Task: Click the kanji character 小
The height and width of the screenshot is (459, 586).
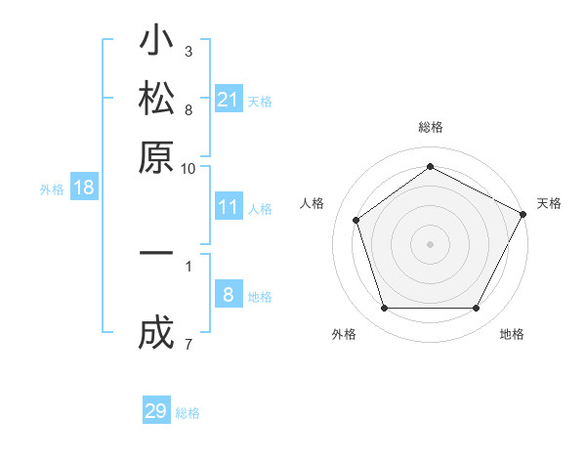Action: click(156, 43)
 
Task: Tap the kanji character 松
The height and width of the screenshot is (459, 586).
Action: click(156, 100)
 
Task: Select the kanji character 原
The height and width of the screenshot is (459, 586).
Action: click(156, 156)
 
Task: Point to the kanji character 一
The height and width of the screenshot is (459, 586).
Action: click(156, 254)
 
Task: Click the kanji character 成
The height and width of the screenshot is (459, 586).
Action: click(156, 335)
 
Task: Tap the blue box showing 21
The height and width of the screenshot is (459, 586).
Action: click(228, 100)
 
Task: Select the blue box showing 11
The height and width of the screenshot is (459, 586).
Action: click(228, 207)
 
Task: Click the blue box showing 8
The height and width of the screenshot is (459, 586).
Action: click(228, 295)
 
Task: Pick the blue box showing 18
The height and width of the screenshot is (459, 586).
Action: click(84, 188)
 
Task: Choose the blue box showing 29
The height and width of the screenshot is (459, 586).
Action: click(156, 411)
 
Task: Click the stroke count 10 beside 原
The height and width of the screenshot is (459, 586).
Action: click(188, 168)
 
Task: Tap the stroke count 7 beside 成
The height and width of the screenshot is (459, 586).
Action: click(188, 343)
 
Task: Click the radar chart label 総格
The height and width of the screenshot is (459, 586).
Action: click(431, 127)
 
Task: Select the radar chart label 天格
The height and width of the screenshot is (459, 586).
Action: click(549, 203)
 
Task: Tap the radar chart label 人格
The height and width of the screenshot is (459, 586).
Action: click(313, 203)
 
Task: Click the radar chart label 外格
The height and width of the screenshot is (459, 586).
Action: click(344, 335)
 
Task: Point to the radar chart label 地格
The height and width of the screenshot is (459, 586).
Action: click(512, 335)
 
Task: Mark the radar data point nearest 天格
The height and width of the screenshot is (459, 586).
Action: click(523, 213)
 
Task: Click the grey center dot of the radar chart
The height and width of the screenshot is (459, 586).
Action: click(430, 243)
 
